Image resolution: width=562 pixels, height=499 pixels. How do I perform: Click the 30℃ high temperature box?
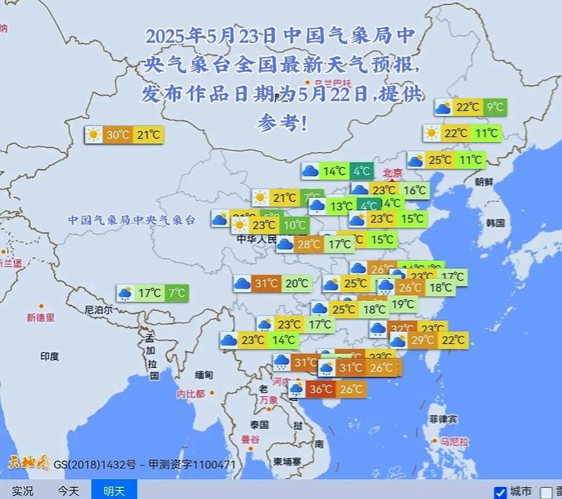[117, 135]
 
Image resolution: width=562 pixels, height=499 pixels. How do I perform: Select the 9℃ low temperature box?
[495, 107]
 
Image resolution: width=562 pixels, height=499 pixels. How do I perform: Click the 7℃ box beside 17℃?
[177, 293]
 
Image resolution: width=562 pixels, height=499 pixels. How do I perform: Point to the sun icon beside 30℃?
[94, 135]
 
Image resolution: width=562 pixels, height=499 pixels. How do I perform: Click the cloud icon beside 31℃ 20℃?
[242, 284]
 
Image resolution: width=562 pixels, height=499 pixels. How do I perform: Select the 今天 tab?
[69, 491]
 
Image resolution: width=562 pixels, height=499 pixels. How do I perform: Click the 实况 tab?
[22, 491]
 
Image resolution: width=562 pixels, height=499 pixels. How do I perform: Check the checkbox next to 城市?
[500, 492]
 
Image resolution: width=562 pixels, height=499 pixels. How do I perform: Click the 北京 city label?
[393, 173]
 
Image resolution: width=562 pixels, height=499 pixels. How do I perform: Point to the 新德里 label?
[41, 317]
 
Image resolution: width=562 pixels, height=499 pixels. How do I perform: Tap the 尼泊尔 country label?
[98, 309]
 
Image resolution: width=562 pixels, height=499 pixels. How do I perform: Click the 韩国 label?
[495, 223]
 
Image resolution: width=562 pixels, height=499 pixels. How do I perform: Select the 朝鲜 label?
[483, 182]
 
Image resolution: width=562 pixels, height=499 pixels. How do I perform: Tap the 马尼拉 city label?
[454, 442]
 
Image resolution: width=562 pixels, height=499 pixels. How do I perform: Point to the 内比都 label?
[190, 394]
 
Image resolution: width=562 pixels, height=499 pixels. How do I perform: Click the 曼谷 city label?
[250, 439]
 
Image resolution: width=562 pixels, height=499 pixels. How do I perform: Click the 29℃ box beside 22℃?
[423, 340]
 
